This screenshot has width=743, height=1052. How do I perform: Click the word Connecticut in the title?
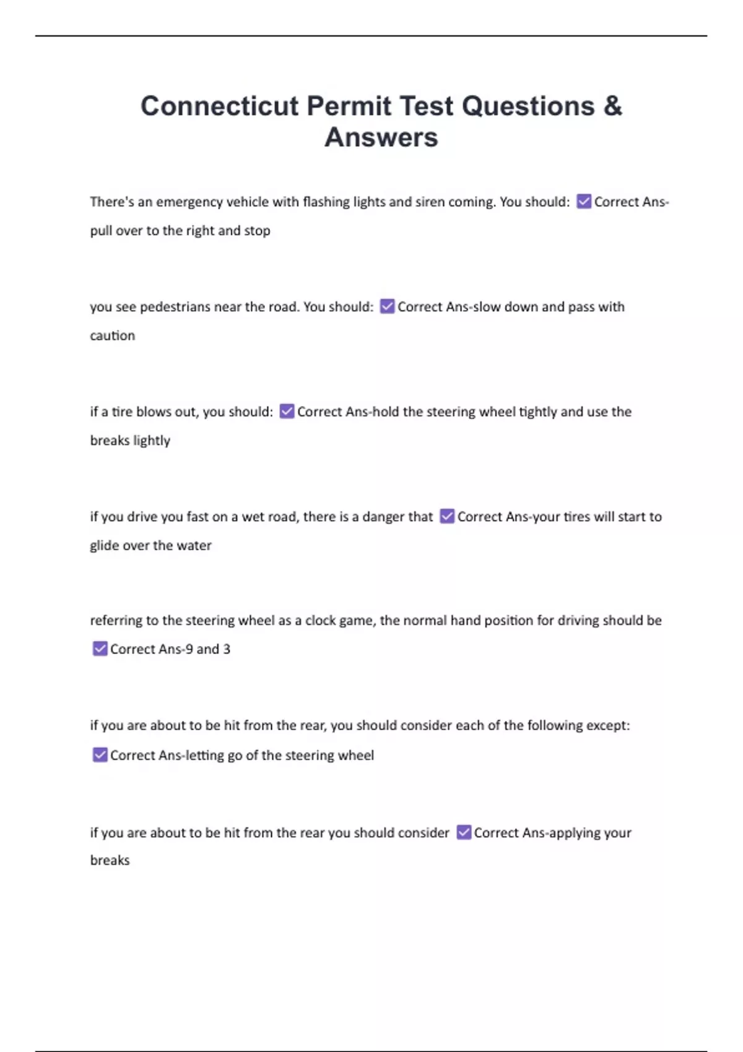pos(219,106)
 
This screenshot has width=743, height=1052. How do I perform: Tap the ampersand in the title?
pos(612,106)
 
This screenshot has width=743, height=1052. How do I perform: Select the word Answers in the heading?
pos(381,137)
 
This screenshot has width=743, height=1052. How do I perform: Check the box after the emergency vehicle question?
pos(583,201)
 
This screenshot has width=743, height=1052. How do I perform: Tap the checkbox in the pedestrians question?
pos(387,306)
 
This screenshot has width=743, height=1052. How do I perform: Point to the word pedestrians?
pos(175,307)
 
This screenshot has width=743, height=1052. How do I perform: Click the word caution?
pos(112,335)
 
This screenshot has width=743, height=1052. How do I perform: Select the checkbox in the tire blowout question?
pos(287,412)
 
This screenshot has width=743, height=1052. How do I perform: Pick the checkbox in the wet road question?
pos(447,516)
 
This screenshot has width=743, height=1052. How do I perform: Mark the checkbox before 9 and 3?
pos(100,649)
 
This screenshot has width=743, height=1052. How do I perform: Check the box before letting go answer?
pos(100,755)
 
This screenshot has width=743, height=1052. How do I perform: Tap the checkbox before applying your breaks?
pos(464,832)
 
